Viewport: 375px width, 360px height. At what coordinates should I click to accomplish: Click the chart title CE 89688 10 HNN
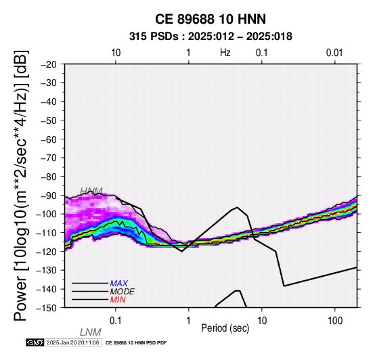pos(211,19)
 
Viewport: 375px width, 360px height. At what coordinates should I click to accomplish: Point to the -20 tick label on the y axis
pos(49,64)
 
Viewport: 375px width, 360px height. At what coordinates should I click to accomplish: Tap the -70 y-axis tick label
pos(49,158)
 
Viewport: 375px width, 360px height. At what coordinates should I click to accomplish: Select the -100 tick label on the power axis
pos(47,214)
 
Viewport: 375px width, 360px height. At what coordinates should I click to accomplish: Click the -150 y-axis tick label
pos(47,308)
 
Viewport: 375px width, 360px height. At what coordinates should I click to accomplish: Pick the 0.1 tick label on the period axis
pos(116,321)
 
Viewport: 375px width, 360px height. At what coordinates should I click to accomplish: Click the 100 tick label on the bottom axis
pos(335,321)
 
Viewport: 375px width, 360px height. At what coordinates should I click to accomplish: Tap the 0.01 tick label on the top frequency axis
pos(334,53)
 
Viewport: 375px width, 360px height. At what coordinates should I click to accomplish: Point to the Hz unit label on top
pos(225,53)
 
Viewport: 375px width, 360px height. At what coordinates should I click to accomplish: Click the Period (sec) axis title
pos(225,328)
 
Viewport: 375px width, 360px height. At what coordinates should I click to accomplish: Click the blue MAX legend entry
pos(119,284)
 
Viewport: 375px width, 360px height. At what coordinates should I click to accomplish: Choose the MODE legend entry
pos(123,292)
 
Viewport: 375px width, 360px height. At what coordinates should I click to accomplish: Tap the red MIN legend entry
pos(118,300)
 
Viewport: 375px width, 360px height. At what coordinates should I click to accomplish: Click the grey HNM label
pos(91,192)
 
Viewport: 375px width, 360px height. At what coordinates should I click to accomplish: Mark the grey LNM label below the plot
pos(91,332)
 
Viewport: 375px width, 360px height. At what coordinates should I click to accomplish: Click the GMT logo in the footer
pos(35,342)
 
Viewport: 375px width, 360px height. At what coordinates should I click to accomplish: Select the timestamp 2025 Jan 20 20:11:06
pos(72,342)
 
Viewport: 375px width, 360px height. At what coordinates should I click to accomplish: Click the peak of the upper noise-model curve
pos(237,207)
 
